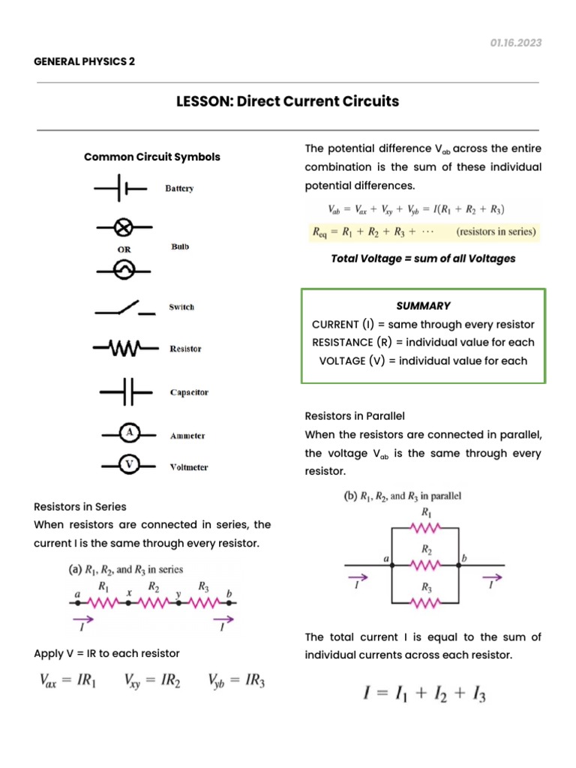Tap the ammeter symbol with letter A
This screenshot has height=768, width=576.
point(130,433)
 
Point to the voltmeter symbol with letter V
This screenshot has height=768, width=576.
point(130,464)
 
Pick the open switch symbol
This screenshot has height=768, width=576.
point(125,307)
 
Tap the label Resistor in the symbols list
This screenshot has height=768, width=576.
point(185,349)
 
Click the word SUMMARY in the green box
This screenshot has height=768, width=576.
point(423,305)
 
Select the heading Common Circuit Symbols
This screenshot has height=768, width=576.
point(152,157)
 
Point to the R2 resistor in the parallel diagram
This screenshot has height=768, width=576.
point(426,562)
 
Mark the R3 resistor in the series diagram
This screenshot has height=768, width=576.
point(203,601)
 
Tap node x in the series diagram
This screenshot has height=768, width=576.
point(129,592)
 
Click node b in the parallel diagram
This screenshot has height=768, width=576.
point(463,558)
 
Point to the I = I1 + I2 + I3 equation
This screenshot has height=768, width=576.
point(424,693)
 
